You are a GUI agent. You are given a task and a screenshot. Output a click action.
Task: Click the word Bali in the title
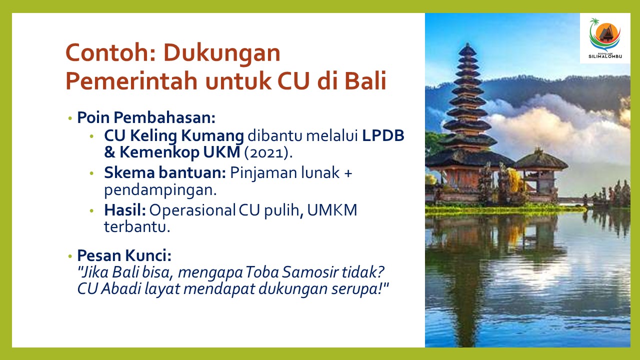click(x=365, y=80)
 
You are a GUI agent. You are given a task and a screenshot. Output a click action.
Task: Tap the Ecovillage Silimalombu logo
click(x=605, y=38)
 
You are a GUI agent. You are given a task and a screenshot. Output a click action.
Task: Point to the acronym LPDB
click(x=383, y=135)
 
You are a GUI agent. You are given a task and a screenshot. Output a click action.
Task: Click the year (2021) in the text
click(x=268, y=152)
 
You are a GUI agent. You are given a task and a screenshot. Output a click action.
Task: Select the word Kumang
click(x=212, y=136)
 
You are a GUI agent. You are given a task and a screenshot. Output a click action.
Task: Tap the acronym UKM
click(x=221, y=152)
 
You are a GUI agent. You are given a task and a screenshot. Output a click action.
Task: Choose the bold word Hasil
click(x=125, y=210)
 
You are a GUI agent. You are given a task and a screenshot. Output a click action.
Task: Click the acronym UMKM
click(x=332, y=210)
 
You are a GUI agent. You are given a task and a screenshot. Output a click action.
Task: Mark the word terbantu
click(x=137, y=227)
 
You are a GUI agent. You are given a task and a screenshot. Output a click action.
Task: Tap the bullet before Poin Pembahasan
click(x=70, y=118)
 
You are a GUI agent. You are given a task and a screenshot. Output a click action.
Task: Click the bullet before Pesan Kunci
click(x=70, y=256)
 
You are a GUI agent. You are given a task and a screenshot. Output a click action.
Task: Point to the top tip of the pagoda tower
click(x=467, y=43)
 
